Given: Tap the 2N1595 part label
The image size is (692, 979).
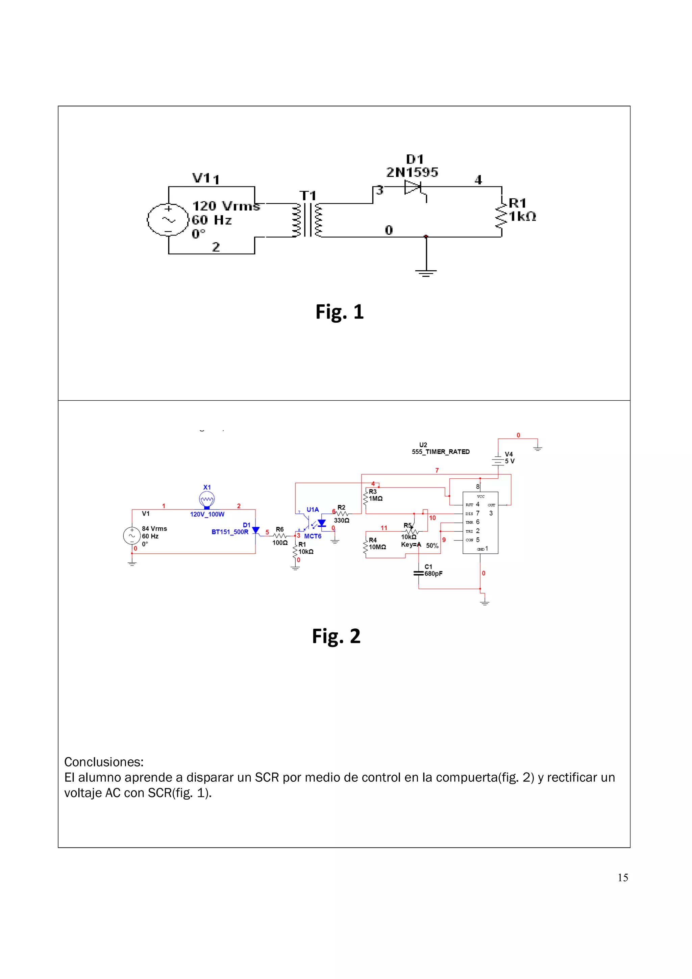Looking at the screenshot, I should [x=412, y=172].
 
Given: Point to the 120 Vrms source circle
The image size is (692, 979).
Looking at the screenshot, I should [x=168, y=220].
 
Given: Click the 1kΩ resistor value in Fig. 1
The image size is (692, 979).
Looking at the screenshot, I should [x=522, y=217].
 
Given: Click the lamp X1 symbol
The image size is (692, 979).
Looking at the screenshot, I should [x=207, y=499].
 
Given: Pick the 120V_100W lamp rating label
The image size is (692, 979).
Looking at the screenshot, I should [x=207, y=514].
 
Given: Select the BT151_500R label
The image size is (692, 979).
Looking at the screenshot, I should [x=230, y=532].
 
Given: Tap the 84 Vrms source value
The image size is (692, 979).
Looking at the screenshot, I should [x=154, y=528].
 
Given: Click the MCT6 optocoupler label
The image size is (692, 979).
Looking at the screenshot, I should [x=313, y=536].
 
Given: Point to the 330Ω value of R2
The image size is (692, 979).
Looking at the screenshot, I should [x=342, y=520].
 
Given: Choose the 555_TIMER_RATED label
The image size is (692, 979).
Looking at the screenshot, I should [x=441, y=452].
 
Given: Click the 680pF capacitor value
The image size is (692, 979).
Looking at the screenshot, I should [x=433, y=574].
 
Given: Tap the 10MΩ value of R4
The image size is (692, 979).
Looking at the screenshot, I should [x=377, y=547].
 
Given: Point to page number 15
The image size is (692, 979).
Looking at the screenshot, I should [x=622, y=878].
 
